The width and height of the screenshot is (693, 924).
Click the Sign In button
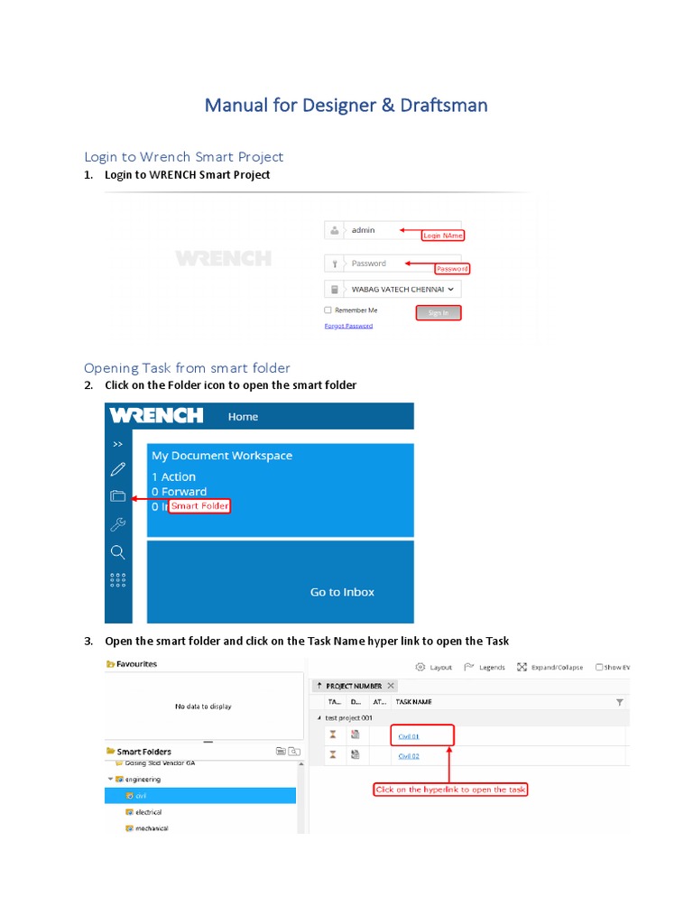(439, 313)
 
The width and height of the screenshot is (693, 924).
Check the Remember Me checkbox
(328, 310)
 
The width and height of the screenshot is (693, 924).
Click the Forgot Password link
(348, 326)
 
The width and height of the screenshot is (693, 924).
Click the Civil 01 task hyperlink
(409, 736)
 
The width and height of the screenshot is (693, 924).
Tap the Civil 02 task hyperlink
(409, 756)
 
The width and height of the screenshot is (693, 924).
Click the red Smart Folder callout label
(199, 506)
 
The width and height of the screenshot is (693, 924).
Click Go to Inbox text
(342, 592)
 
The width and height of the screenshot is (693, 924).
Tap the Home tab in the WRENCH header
(243, 417)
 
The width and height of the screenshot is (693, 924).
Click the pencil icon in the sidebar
(117, 469)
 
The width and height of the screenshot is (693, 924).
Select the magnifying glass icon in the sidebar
(117, 551)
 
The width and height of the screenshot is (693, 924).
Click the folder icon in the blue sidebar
(117, 495)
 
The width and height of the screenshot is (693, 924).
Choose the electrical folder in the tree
(148, 812)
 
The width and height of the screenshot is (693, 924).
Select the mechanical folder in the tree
(151, 828)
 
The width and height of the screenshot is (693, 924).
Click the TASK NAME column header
(414, 701)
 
